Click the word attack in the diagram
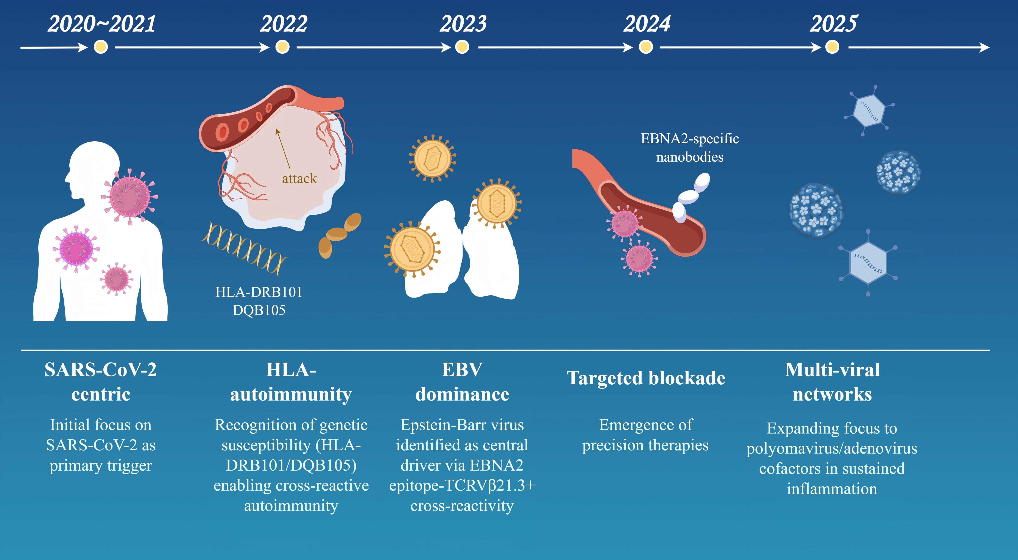tap(299, 179)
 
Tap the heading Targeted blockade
tap(646, 378)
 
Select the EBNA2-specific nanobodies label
tap(690, 148)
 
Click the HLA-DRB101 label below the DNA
tap(259, 292)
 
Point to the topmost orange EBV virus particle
tap(432, 158)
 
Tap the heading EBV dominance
tap(462, 382)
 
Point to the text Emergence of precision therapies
tap(646, 435)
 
